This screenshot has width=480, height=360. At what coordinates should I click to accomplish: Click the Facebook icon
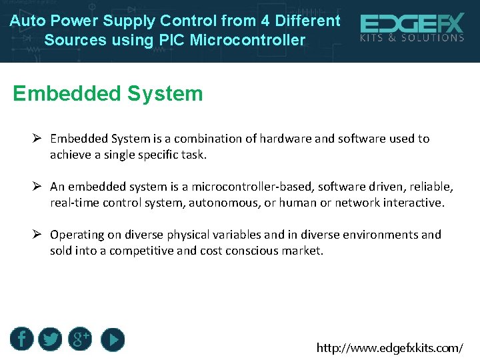click(21, 339)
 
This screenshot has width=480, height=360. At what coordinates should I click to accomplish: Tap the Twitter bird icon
click(50, 339)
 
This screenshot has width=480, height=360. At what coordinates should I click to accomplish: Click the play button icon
click(113, 339)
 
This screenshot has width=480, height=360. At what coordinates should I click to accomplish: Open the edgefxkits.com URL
click(389, 347)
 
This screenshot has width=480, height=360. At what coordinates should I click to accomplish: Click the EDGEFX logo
click(411, 25)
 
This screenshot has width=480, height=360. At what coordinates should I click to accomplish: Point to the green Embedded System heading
click(108, 93)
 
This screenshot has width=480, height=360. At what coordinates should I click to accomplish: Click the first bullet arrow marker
click(37, 139)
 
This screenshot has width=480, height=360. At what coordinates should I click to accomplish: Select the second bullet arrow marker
click(37, 187)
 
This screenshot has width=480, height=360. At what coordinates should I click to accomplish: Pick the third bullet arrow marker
click(37, 235)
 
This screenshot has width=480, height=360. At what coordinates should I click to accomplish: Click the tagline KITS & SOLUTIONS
click(411, 38)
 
